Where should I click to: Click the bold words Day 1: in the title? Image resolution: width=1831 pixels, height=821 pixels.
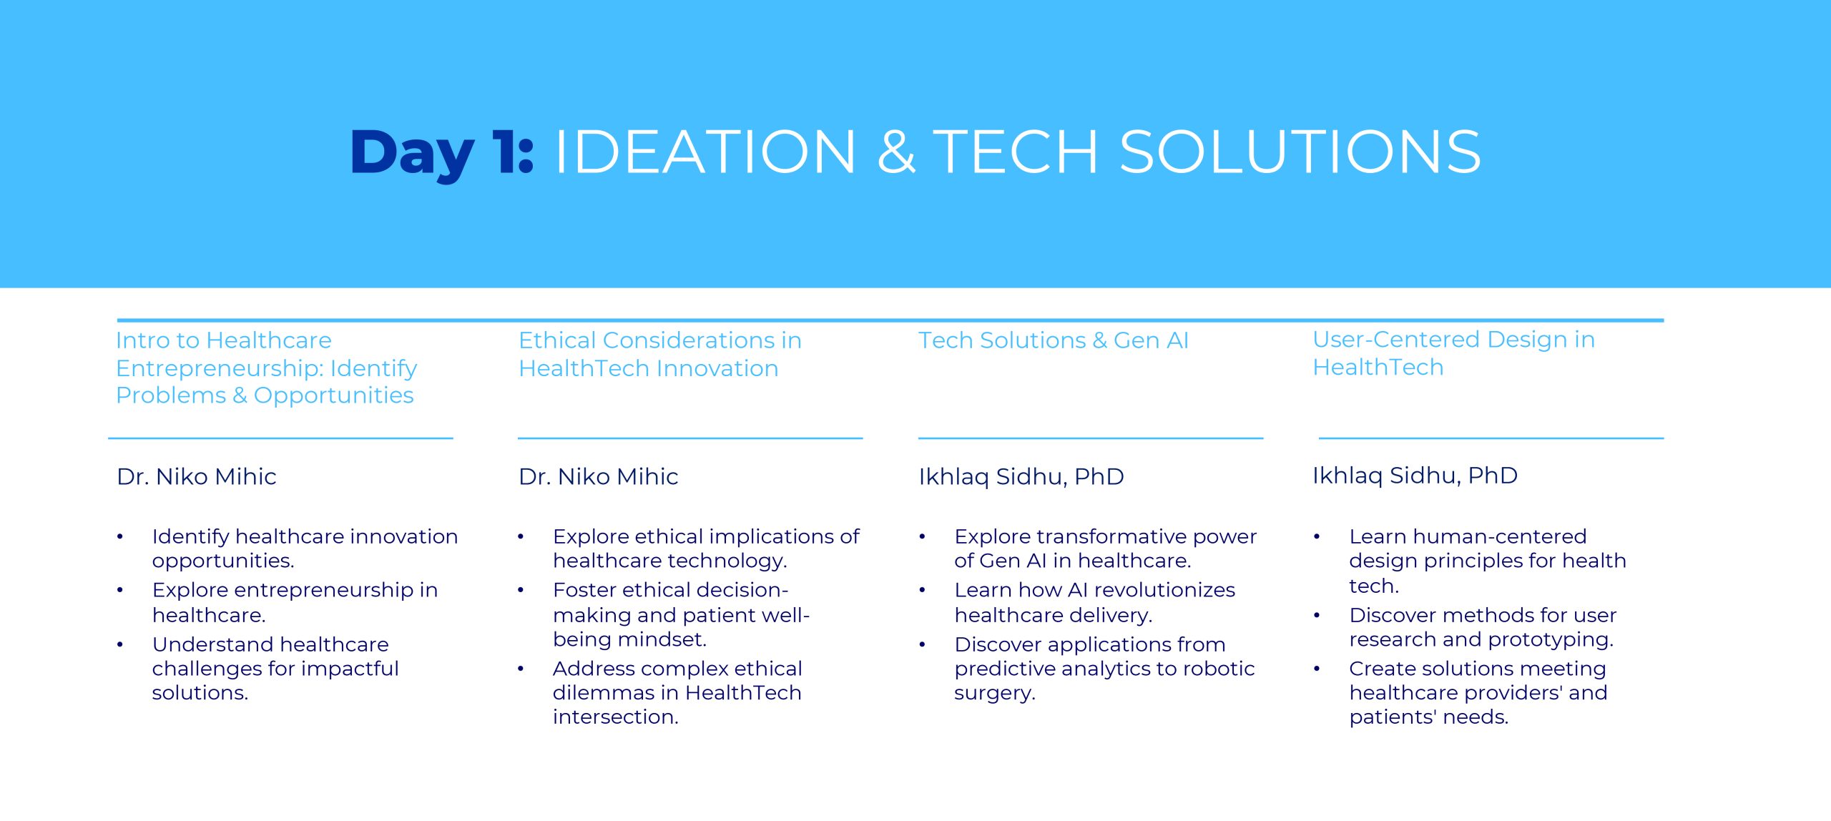442,153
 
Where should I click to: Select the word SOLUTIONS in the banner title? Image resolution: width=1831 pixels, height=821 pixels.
1300,152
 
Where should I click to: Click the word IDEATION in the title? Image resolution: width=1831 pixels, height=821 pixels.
705,152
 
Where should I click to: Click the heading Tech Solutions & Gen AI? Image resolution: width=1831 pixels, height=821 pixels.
1054,340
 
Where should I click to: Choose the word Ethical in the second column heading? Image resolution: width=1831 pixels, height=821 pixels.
557,340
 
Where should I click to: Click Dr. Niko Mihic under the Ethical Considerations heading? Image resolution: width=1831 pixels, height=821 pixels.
598,476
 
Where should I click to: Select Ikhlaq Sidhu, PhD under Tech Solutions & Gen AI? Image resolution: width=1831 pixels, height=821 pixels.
1021,477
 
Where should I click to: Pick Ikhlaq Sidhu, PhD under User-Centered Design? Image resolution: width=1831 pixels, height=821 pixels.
1415,476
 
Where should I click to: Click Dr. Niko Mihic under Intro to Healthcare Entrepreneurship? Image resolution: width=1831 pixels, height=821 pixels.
197,476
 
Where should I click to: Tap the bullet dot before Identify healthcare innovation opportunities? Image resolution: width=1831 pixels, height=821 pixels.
120,536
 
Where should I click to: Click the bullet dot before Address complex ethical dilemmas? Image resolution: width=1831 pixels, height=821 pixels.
521,669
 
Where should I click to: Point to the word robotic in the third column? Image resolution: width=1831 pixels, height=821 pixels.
1219,669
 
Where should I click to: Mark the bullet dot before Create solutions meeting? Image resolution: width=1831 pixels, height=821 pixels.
1317,669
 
